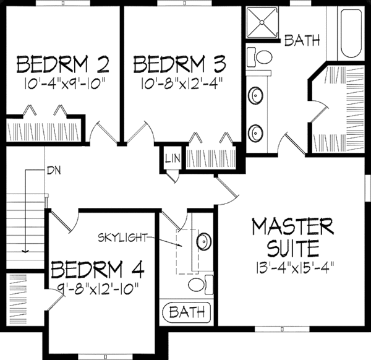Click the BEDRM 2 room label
(x=63, y=64)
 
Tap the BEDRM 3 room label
(x=179, y=64)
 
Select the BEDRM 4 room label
(x=98, y=270)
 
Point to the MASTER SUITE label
(x=293, y=237)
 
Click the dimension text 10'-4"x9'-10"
(x=63, y=82)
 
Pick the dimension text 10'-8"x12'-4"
(x=179, y=82)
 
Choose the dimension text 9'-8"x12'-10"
(x=98, y=288)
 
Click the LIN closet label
(x=172, y=159)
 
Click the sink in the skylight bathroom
(x=202, y=241)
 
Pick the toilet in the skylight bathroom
(x=197, y=284)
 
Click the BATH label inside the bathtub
(x=186, y=311)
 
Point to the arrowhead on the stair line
(x=25, y=251)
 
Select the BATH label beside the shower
(x=302, y=41)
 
